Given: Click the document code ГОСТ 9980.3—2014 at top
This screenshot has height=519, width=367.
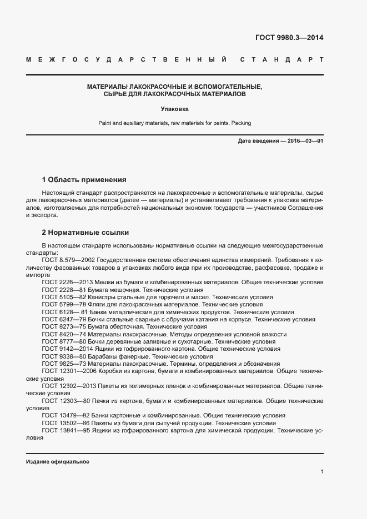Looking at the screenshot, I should [x=289, y=38].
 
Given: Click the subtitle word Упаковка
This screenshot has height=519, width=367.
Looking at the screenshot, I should [x=175, y=109].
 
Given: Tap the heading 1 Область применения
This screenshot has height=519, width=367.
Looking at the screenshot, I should [x=84, y=180].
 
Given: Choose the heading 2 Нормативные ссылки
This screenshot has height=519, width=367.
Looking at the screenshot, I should [x=86, y=233].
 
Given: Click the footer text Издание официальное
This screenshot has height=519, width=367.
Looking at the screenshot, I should [x=58, y=462].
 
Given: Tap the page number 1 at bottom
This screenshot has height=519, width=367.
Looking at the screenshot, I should [x=322, y=472].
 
